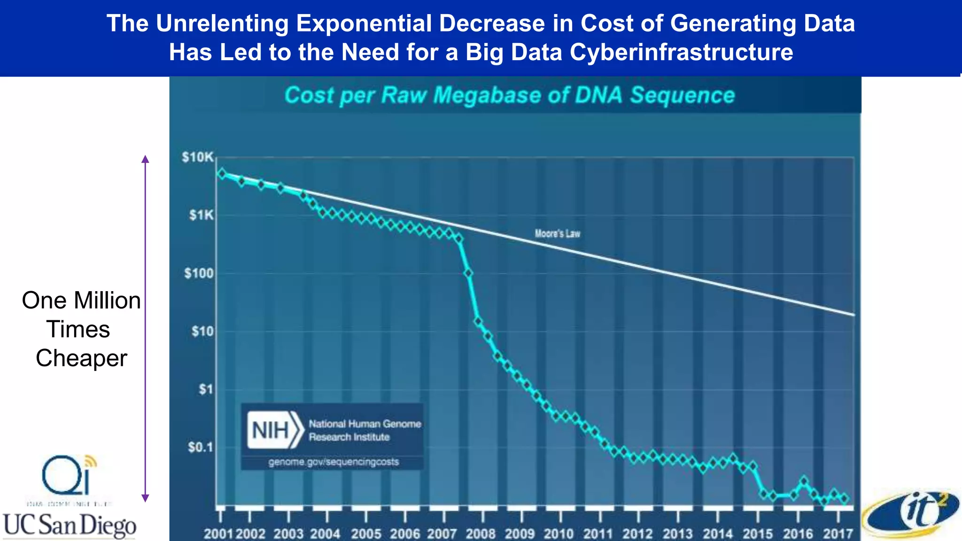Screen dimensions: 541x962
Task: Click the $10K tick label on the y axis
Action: (x=198, y=157)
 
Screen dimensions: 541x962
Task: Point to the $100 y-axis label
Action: (x=199, y=273)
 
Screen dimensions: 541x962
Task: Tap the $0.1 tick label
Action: (x=200, y=448)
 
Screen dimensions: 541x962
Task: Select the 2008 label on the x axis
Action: (x=481, y=534)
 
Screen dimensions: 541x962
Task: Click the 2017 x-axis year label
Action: (x=838, y=534)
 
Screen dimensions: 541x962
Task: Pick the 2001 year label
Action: (x=218, y=534)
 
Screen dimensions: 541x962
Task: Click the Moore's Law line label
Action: (x=558, y=233)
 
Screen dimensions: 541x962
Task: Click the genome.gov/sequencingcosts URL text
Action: (x=334, y=462)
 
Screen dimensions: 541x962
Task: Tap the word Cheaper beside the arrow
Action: (x=81, y=358)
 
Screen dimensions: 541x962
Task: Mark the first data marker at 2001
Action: (x=222, y=173)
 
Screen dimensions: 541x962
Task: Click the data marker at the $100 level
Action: (x=468, y=273)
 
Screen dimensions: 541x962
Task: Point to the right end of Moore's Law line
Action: (x=853, y=314)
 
